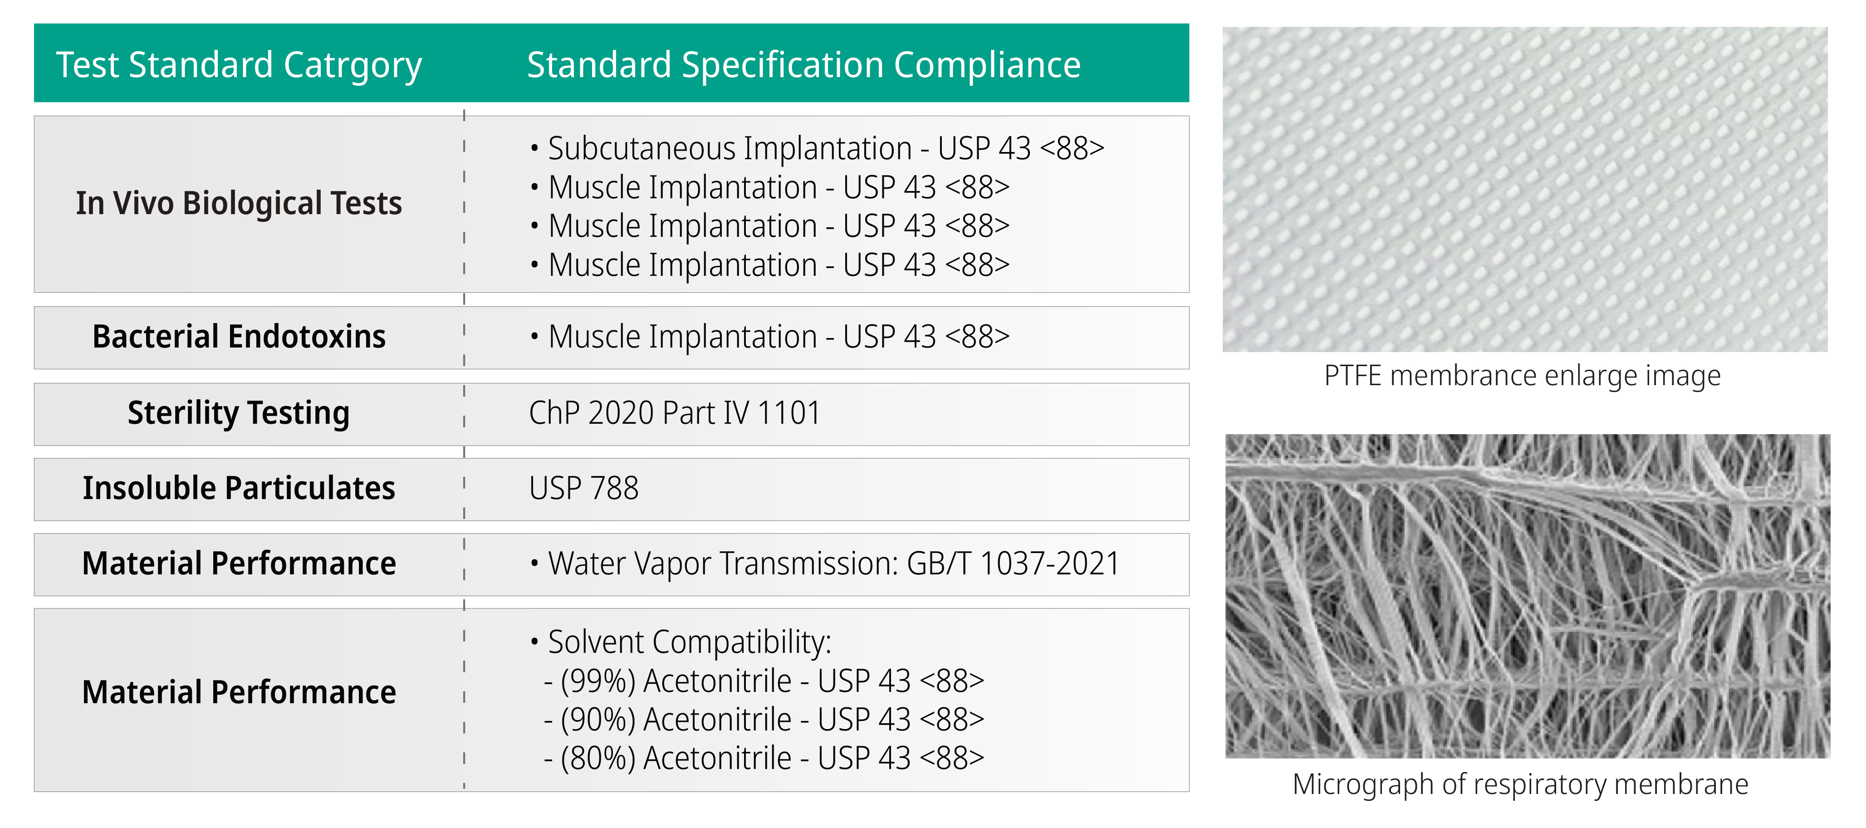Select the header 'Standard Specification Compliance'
803,65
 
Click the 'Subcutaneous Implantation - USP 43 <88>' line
817,148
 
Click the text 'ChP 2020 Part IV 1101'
674,413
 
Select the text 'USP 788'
584,488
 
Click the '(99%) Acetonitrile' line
764,681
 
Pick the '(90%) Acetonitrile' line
764,719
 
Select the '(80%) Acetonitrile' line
764,759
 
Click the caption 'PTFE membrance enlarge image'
1522,377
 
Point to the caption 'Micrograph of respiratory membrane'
1520,784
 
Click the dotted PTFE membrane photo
1525,189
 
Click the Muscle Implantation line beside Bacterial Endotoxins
769,337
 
